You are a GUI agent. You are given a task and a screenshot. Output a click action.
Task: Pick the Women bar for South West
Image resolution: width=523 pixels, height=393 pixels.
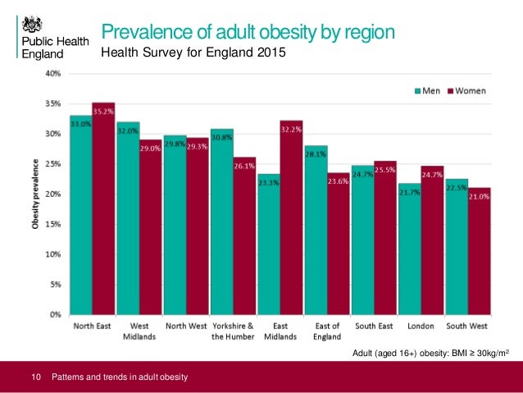click(x=479, y=250)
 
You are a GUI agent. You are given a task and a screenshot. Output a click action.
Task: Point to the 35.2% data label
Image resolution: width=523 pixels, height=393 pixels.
click(x=103, y=111)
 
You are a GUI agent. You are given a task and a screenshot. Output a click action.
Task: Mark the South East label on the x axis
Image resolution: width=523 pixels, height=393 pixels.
click(x=373, y=325)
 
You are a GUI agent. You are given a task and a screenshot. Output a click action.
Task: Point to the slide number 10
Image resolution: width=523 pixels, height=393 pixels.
click(x=35, y=377)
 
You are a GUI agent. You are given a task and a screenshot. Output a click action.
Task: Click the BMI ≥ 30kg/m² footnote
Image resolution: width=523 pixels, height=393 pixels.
click(x=430, y=353)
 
